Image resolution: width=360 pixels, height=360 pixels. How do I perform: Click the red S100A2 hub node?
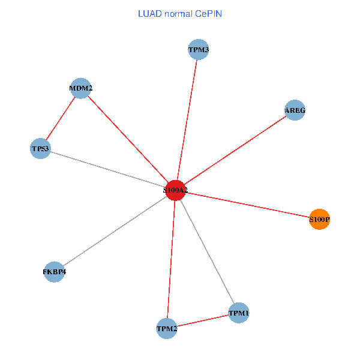point(175,190)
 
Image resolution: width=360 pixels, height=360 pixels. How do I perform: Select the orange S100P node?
point(319,219)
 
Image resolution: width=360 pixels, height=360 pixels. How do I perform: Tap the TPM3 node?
point(199,50)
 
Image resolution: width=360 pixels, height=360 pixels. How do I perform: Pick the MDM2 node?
point(80,88)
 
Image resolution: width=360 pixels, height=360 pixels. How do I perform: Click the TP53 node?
point(40,149)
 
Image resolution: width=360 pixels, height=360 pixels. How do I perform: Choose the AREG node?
point(295,110)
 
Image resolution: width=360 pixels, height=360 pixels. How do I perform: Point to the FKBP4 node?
point(54,272)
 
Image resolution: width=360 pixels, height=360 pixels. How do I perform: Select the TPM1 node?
point(239,313)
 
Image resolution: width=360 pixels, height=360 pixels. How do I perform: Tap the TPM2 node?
point(167,329)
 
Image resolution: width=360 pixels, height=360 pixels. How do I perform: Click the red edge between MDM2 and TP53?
point(61,118)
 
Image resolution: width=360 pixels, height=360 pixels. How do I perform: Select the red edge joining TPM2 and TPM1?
point(203,321)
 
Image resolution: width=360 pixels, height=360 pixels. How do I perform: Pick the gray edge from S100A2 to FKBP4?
point(115,231)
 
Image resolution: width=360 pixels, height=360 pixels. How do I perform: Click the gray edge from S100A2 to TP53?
point(108,169)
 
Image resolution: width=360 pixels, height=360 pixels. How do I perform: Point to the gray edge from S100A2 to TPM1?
point(207,251)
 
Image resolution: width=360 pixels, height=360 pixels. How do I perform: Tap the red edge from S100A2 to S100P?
point(247,205)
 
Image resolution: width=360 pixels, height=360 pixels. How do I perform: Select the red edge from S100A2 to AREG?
point(235,151)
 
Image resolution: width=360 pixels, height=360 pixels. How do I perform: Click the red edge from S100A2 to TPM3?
point(187,120)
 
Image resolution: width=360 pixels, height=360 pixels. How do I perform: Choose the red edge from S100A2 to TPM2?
point(171,259)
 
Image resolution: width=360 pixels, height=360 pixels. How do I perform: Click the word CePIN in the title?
point(208,14)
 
